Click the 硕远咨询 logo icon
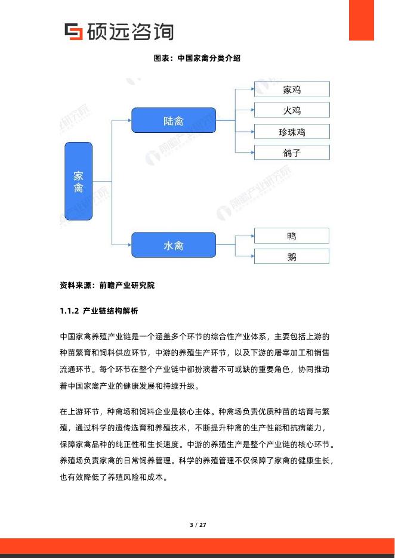coord(73,31)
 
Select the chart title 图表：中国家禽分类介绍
coord(197,59)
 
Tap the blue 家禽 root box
coord(78,181)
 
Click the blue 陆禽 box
coord(173,120)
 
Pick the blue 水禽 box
coord(173,244)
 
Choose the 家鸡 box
coord(292,89)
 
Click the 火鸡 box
coord(292,110)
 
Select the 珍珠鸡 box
coord(292,132)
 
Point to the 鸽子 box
coord(292,153)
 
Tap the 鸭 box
coord(291,236)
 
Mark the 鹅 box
coord(291,257)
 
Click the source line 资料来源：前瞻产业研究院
coord(107,286)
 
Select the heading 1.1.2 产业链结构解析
coord(99,311)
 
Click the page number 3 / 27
coord(197,525)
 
